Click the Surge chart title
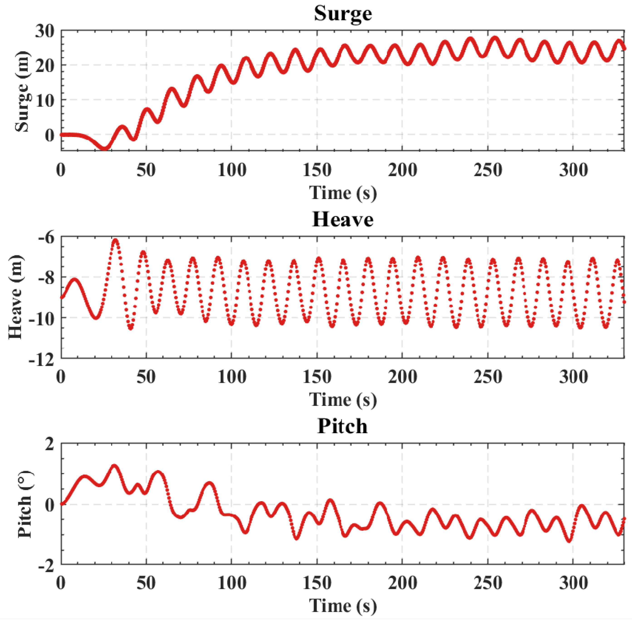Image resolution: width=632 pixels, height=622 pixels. pyautogui.click(x=343, y=14)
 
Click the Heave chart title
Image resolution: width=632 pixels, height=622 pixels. pyautogui.click(x=343, y=219)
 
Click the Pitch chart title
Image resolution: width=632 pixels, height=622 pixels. pyautogui.click(x=343, y=426)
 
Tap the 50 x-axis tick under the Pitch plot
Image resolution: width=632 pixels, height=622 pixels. pyautogui.click(x=146, y=583)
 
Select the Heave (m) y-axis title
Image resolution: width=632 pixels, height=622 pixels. pyautogui.click(x=16, y=297)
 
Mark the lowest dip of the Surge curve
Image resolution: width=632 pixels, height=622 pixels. pyautogui.click(x=105, y=148)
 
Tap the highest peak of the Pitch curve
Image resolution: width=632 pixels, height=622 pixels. pyautogui.click(x=114, y=466)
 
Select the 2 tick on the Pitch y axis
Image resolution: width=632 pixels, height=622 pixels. pyautogui.click(x=50, y=444)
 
